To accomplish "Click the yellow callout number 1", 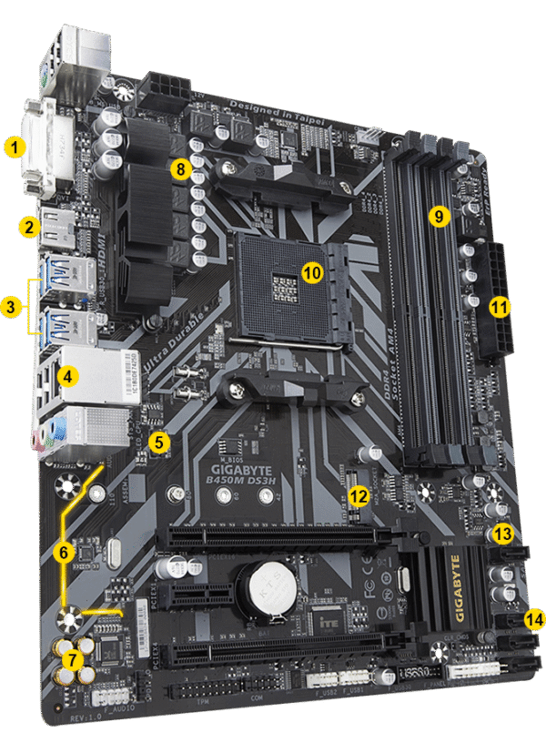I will click(14, 145).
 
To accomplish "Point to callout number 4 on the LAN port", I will click(66, 373).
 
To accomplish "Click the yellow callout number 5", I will click(160, 443).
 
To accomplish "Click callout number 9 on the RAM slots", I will click(439, 217).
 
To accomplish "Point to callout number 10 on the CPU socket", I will click(311, 271).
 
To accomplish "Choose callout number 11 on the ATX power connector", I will click(499, 306).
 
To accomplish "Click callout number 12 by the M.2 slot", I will click(359, 496).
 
